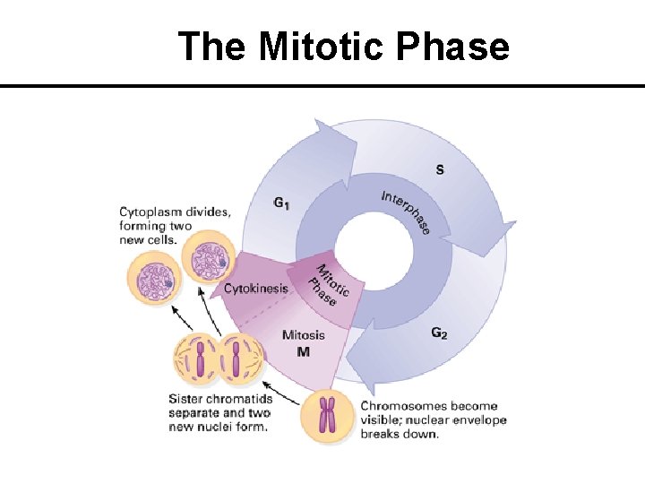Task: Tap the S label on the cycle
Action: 439,169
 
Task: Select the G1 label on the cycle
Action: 281,203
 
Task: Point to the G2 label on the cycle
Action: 440,333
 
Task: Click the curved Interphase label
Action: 406,212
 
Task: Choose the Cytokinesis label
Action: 256,288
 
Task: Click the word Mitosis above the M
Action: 304,336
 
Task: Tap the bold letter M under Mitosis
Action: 303,351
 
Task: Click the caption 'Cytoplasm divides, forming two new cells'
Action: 175,224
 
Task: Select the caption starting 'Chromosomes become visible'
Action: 433,419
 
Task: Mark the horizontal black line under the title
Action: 322,86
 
